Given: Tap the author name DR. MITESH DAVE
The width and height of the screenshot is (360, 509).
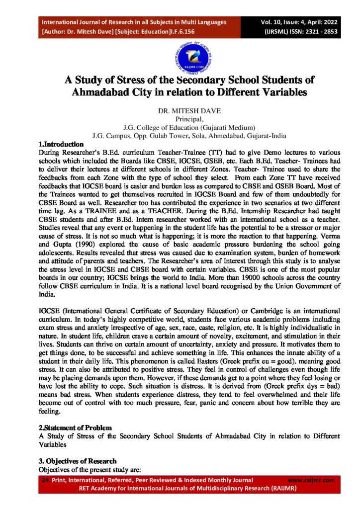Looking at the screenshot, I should coord(180,111).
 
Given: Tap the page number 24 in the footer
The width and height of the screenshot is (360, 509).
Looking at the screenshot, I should coord(45,480).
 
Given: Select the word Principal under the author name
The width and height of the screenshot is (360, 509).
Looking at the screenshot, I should coord(180,119).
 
